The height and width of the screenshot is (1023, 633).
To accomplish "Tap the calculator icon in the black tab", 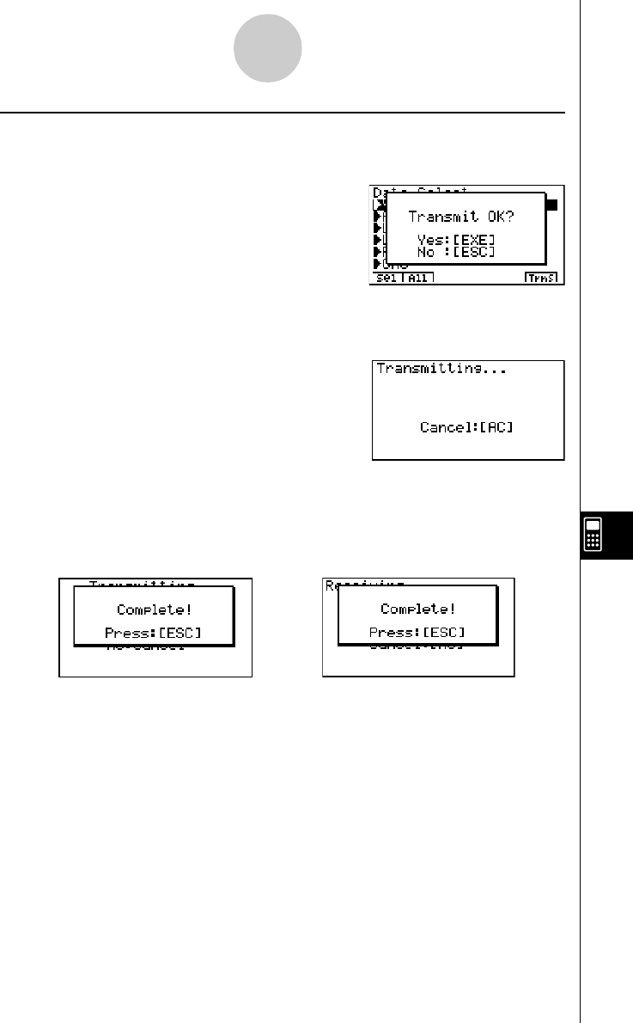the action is [x=593, y=536].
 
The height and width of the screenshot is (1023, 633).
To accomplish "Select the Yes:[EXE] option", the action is [x=456, y=239].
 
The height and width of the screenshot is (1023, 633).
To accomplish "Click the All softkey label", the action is [x=417, y=279].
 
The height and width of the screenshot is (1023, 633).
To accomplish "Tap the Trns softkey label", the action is [x=541, y=279].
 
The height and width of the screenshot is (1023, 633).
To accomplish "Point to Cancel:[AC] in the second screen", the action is [x=466, y=427].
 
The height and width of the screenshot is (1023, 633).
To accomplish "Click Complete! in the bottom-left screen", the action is [x=155, y=610].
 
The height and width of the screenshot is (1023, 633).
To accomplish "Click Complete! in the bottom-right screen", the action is [x=418, y=610].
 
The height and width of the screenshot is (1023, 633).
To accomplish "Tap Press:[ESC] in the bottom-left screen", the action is [x=155, y=634].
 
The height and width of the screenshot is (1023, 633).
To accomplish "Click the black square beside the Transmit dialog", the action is [x=551, y=205].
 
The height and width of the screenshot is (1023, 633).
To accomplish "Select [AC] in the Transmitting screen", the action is [x=496, y=427].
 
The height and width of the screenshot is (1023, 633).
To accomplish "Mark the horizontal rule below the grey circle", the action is [x=283, y=113].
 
